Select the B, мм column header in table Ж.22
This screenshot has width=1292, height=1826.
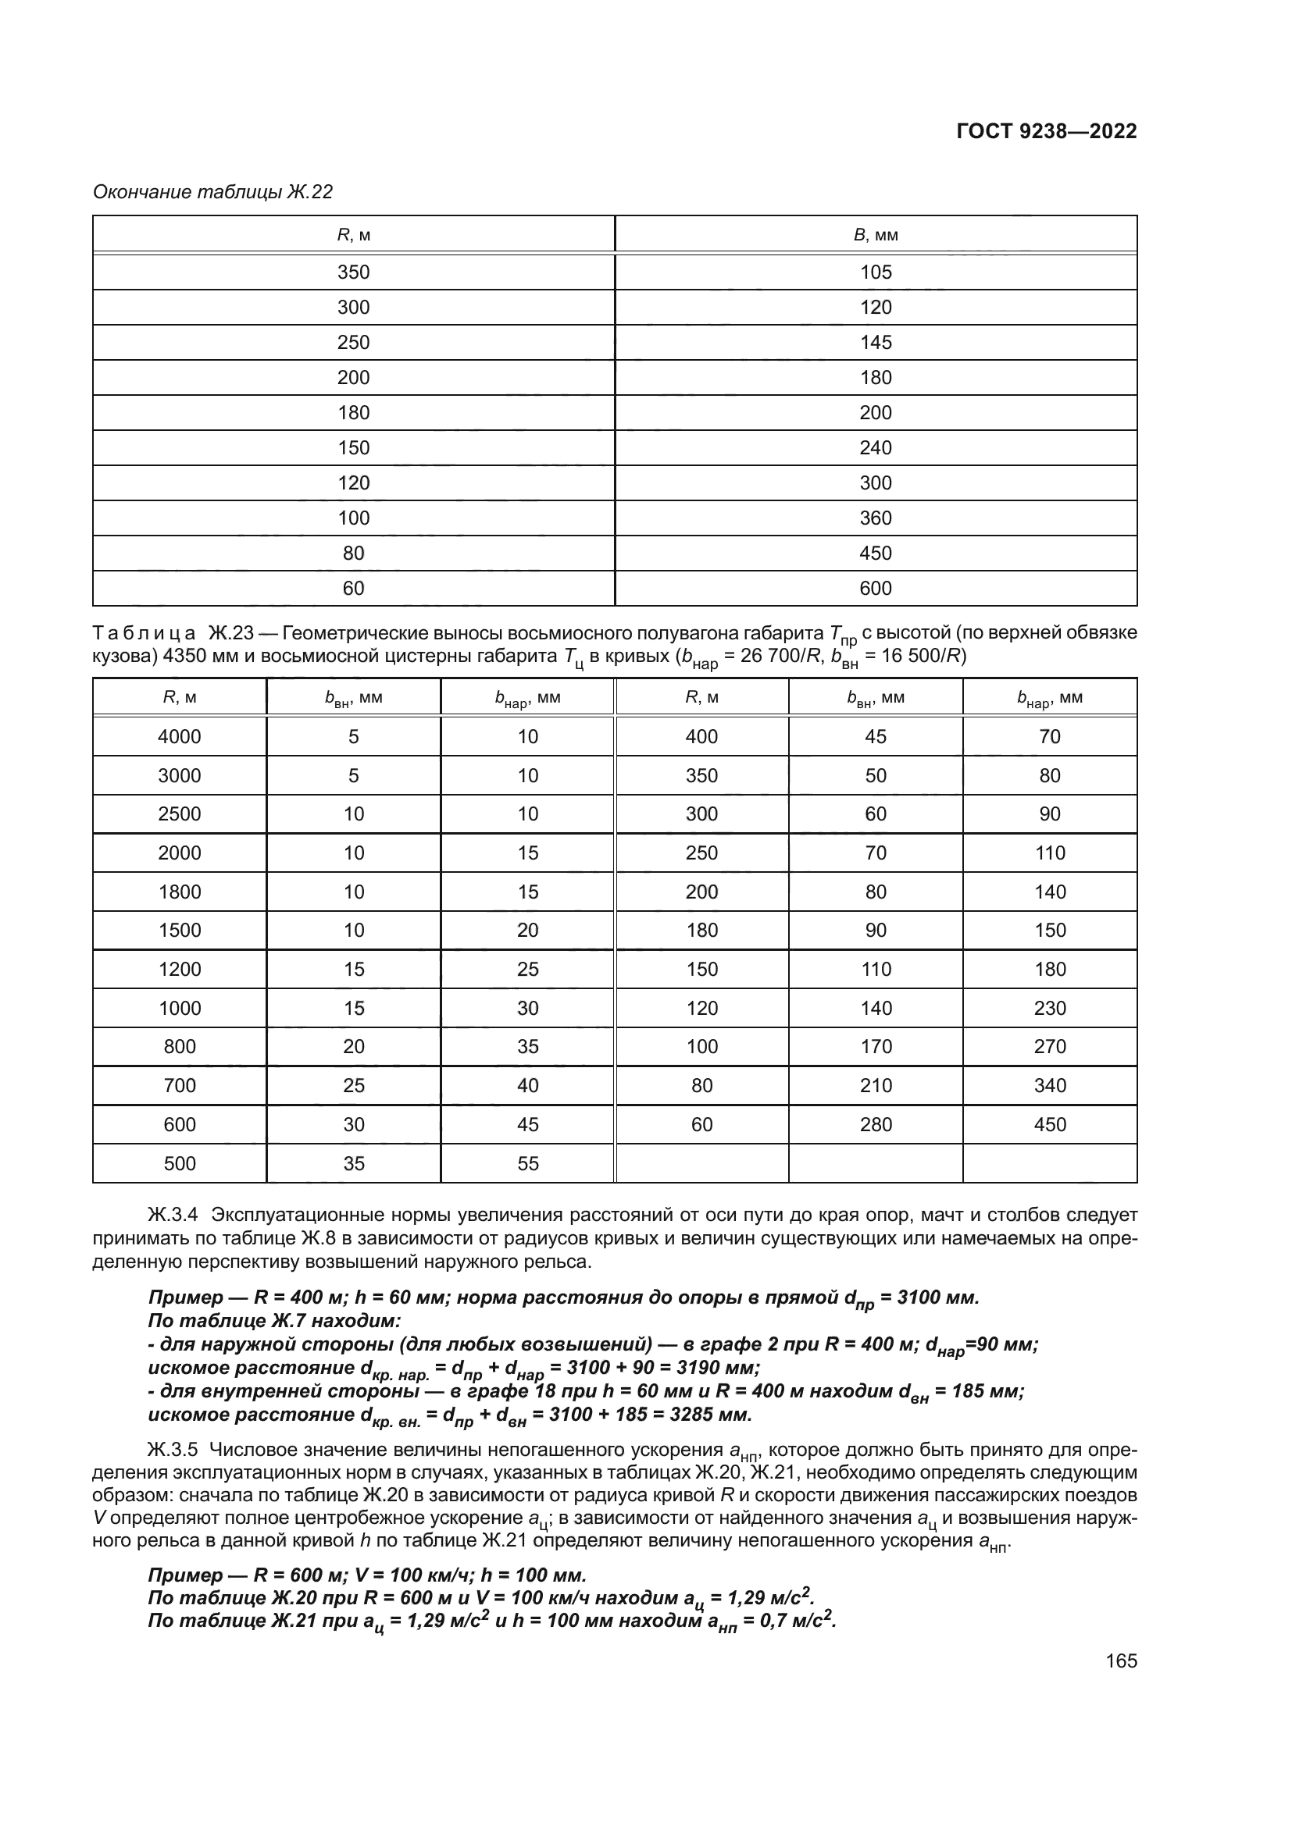pos(875,235)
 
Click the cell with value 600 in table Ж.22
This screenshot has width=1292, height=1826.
pos(875,589)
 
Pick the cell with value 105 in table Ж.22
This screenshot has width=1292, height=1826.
pos(875,272)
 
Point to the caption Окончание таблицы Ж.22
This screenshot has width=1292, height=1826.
pos(212,192)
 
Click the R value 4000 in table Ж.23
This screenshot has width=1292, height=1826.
pos(179,736)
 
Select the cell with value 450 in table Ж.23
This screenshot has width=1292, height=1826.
pos(1049,1124)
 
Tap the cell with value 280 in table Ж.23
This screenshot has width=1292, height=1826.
pos(875,1124)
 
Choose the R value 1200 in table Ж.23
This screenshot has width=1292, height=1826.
pos(179,970)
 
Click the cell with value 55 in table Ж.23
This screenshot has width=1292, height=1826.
pos(527,1163)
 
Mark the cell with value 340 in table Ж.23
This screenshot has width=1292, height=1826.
pos(1049,1086)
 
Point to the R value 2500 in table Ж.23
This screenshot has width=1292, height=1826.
pos(179,814)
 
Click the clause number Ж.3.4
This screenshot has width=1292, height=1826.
pos(173,1216)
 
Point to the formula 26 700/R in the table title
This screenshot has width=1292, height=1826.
pos(782,656)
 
